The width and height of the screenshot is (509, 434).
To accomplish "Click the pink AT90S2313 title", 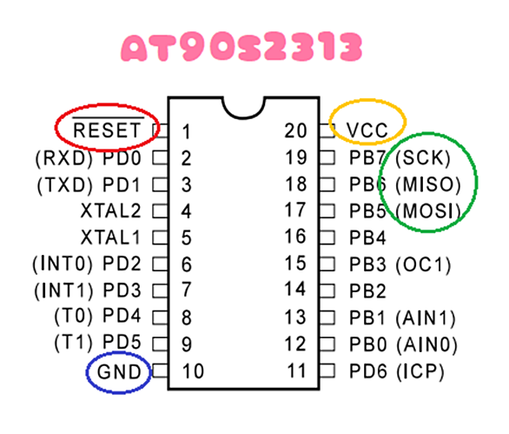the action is coord(241,46).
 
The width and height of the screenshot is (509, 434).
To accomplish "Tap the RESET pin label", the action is coord(107,130).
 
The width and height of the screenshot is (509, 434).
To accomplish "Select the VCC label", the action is coord(367,130).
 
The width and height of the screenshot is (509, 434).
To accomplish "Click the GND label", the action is coord(119,372).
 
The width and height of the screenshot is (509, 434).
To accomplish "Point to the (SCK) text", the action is coord(423,158).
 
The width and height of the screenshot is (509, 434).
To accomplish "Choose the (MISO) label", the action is coord(428,184).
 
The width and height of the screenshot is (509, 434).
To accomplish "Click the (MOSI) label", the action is coord(428,211).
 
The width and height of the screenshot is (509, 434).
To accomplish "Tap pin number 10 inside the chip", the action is coord(193,371).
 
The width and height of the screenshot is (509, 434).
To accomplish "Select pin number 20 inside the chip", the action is coord(295,130).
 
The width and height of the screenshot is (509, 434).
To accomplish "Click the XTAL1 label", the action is coord(110,237).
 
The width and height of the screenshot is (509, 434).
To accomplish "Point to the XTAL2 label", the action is coord(110,210).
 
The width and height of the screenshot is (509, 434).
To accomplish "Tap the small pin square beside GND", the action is coord(160,371).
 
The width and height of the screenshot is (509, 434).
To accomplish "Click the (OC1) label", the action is coord(423,264).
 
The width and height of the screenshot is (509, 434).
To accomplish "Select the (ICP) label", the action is coord(420,371).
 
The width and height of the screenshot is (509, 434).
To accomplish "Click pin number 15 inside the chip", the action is coord(295,264).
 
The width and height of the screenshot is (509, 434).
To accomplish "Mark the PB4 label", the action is coord(367,237).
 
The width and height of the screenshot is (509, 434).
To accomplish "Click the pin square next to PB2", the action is coord(327,291).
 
